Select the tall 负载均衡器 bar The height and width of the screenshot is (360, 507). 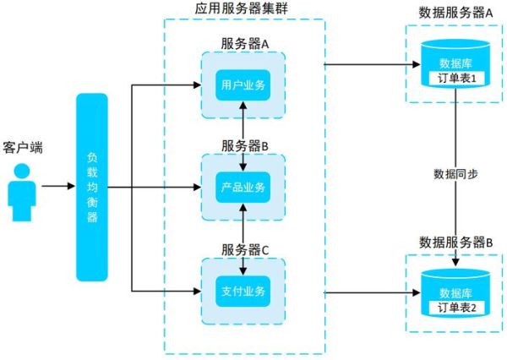pyautogui.click(x=92, y=187)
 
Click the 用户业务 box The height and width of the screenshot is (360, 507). pyautogui.click(x=243, y=85)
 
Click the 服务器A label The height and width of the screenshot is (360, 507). pyautogui.click(x=244, y=43)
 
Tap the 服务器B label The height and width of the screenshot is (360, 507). pyautogui.click(x=244, y=145)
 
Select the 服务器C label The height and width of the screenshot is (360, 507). pyautogui.click(x=244, y=250)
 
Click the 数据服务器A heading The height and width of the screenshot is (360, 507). pyautogui.click(x=456, y=13)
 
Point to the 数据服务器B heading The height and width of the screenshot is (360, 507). pyautogui.click(x=456, y=243)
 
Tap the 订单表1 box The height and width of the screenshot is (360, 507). pyautogui.click(x=457, y=78)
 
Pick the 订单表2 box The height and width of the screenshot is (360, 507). pyautogui.click(x=457, y=308)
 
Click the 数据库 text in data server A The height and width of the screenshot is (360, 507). pyautogui.click(x=457, y=63)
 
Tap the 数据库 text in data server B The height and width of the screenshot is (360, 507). pyautogui.click(x=457, y=292)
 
